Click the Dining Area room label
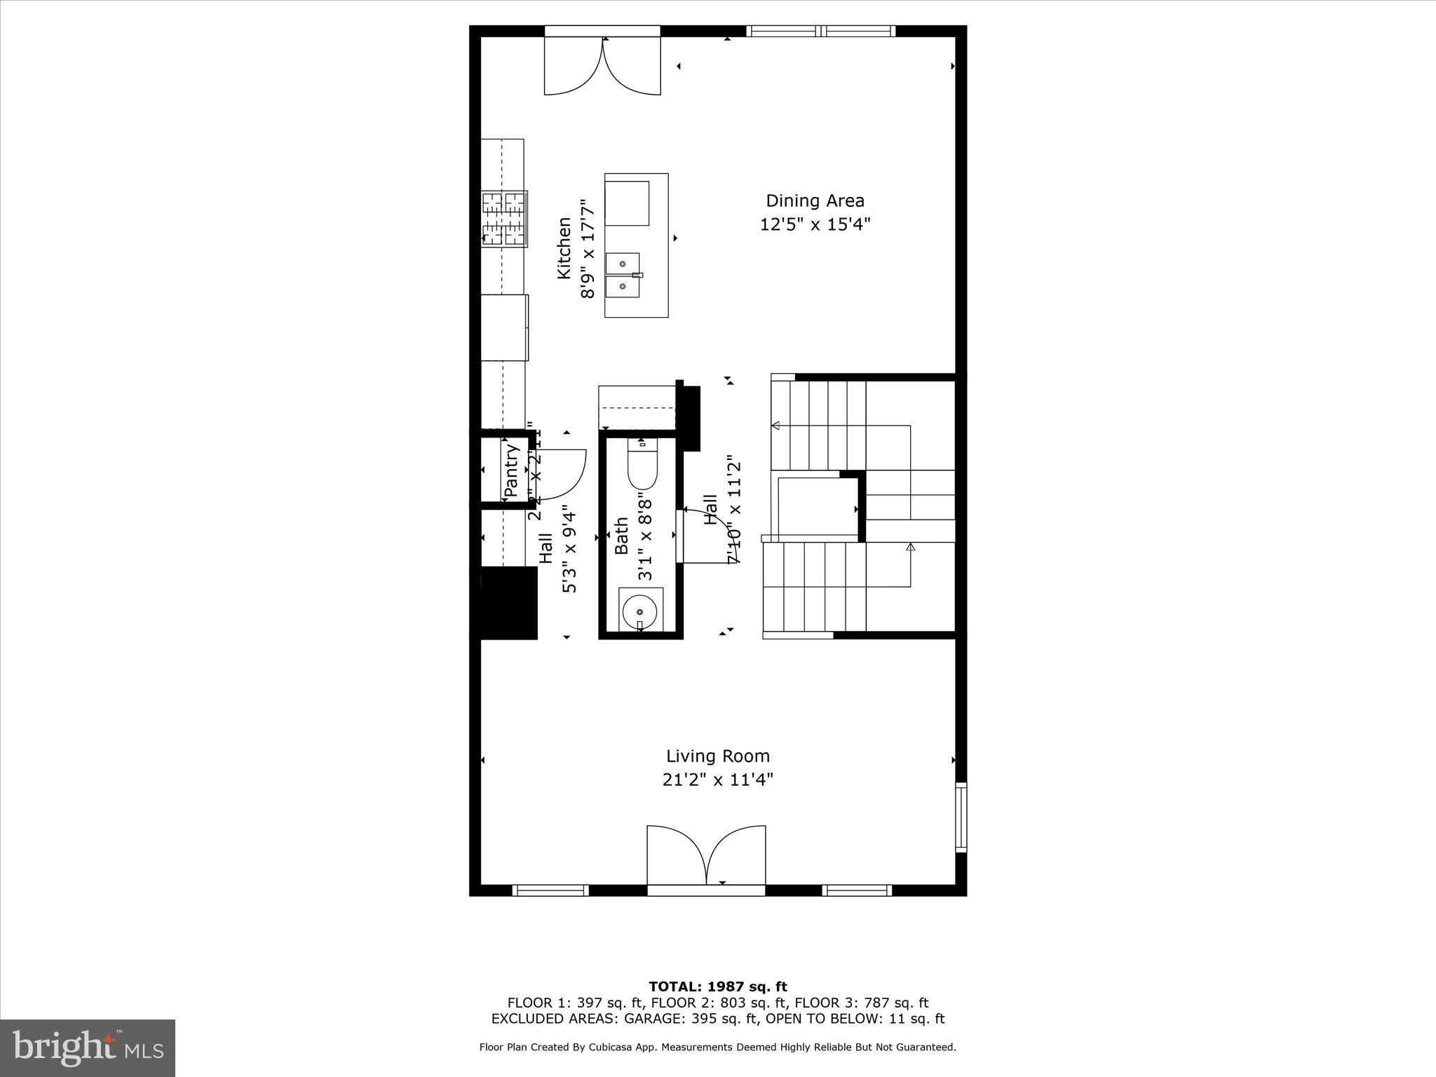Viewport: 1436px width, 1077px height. [815, 201]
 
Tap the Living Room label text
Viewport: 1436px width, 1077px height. [717, 757]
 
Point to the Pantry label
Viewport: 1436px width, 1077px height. [511, 470]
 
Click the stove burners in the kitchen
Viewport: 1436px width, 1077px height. [503, 219]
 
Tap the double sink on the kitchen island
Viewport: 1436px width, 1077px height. [623, 275]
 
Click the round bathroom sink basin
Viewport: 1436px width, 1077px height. [640, 611]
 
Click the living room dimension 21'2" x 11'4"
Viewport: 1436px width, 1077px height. [717, 780]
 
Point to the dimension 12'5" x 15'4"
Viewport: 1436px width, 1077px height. [815, 225]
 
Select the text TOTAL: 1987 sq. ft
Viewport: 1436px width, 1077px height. [717, 987]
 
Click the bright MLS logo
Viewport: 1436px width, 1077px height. [88, 1048]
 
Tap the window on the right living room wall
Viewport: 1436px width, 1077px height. [961, 817]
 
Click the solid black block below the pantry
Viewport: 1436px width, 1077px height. [509, 603]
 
